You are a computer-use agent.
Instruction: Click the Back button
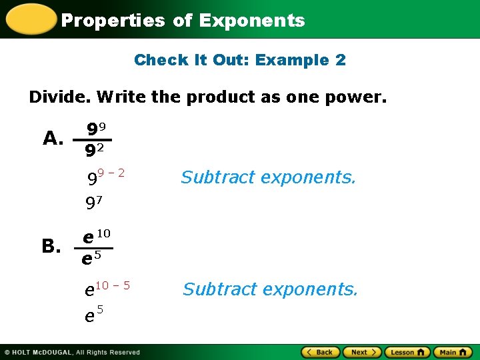tap(321, 352)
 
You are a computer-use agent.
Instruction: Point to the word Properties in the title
tap(113, 21)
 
